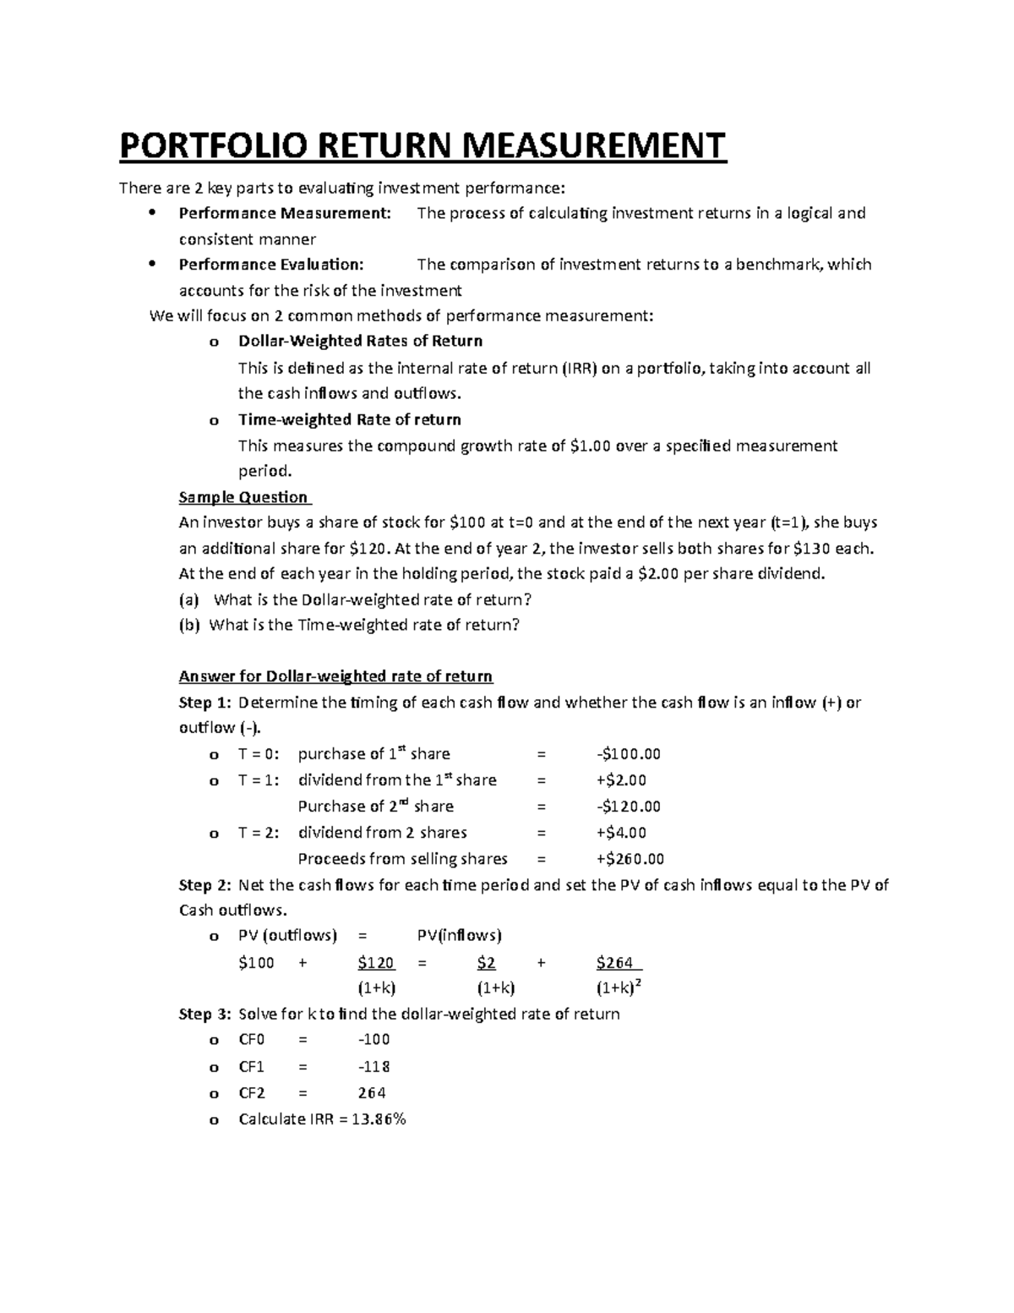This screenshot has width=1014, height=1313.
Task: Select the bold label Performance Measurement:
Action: (285, 213)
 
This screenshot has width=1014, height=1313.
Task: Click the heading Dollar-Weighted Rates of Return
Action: (360, 342)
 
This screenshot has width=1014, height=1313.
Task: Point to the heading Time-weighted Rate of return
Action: (349, 419)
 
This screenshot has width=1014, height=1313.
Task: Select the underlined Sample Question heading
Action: (244, 497)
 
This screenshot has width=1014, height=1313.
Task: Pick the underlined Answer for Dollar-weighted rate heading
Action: (335, 676)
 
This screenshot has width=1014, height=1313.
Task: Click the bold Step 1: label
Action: (204, 703)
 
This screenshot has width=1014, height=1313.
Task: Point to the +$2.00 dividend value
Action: (620, 780)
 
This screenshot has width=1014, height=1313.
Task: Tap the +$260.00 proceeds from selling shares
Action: (630, 859)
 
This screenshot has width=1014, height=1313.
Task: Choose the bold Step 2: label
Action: (204, 885)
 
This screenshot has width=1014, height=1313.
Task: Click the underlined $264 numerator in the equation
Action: (619, 963)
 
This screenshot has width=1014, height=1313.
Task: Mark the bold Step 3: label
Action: (204, 1014)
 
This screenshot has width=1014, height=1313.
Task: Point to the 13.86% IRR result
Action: (379, 1119)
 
